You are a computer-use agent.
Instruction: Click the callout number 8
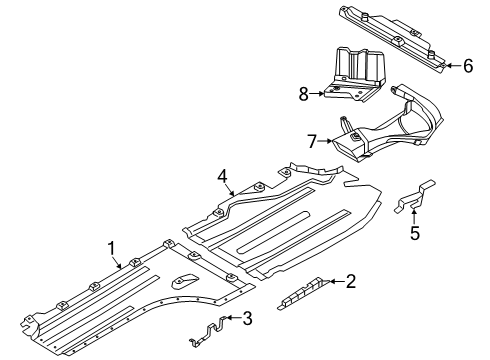[x=303, y=93]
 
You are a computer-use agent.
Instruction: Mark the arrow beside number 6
[x=452, y=65]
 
